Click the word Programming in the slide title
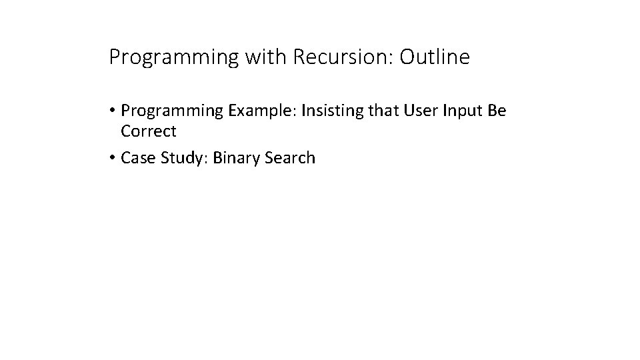tap(173, 58)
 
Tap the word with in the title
tap(264, 57)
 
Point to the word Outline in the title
tap(435, 57)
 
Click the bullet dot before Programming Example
tap(113, 111)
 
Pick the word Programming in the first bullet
tap(173, 111)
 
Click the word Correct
tap(149, 131)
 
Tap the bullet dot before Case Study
tap(113, 159)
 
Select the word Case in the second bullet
tap(136, 158)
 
